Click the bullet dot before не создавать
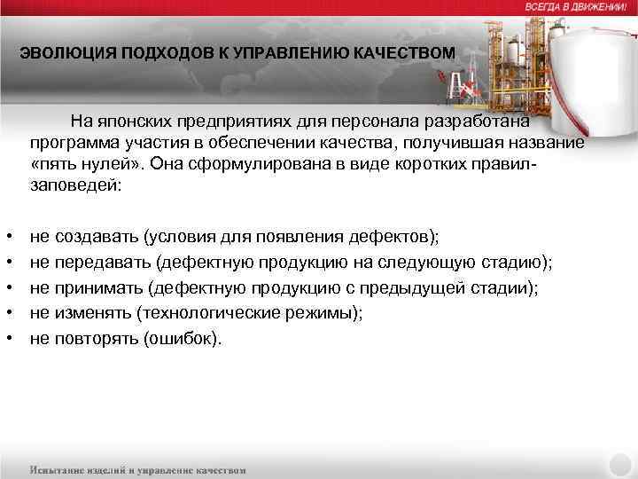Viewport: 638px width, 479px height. click(8, 238)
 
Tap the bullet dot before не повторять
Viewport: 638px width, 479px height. click(8, 339)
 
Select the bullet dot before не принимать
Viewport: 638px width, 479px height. click(8, 288)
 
